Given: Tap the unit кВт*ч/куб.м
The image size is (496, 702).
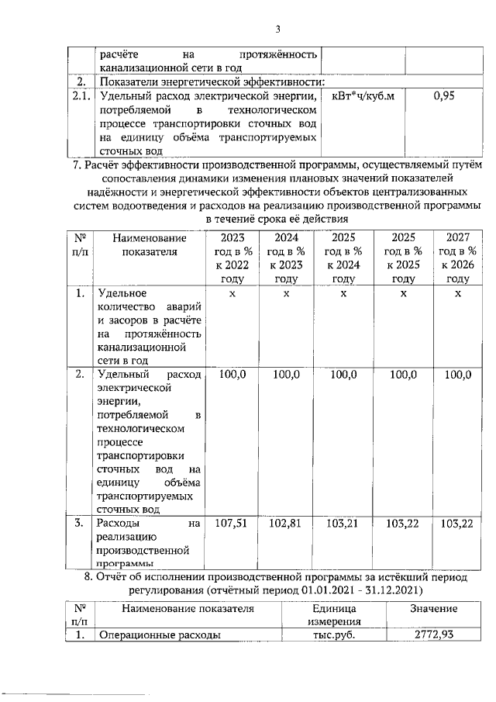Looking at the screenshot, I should (363, 97).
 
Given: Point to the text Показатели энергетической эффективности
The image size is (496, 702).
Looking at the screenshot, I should (209, 81).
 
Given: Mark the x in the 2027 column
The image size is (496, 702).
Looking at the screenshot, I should (458, 294).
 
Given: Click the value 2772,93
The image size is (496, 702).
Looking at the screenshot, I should (433, 635).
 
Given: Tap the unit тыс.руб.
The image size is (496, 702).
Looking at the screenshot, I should (329, 635).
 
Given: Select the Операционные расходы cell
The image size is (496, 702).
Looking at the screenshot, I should (155, 635).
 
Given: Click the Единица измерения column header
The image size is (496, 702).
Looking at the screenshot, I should (329, 615).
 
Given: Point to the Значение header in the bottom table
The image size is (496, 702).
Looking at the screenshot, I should (433, 609).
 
